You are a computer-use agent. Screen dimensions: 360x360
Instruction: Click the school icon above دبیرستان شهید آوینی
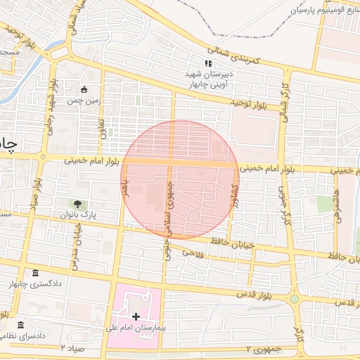[x=207, y=64]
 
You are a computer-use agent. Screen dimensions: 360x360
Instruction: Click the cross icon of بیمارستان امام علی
[x=136, y=316]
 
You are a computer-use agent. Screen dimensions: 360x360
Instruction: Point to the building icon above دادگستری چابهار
[x=36, y=274]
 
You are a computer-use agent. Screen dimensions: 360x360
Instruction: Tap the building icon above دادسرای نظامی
[x=21, y=325]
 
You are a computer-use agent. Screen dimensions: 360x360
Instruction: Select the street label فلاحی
[x=193, y=252]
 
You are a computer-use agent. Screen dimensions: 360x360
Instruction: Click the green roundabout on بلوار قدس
[x=294, y=300]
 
